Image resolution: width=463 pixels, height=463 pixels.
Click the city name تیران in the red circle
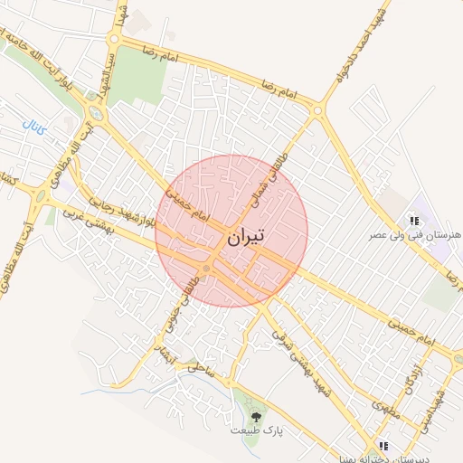(x=245, y=237)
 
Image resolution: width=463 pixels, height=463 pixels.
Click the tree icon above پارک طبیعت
(x=256, y=417)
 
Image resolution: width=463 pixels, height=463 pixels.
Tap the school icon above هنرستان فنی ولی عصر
(x=413, y=220)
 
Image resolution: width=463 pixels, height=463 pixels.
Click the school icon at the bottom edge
(x=383, y=446)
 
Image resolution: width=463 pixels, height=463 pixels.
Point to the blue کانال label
(x=33, y=120)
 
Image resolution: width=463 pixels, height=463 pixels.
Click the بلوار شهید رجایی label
(x=117, y=204)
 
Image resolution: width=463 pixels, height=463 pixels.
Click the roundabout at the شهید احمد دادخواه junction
(x=317, y=110)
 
